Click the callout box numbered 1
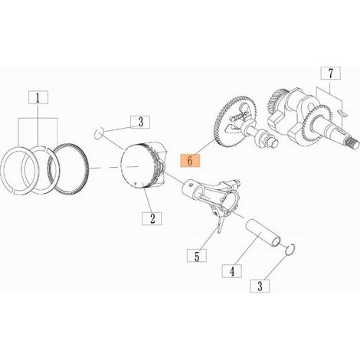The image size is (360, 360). (x=38, y=97)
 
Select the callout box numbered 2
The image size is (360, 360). (x=152, y=218)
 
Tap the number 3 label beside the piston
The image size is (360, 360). (x=140, y=122)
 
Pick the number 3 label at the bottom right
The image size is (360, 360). (x=260, y=286)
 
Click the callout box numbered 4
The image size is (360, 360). (x=232, y=271)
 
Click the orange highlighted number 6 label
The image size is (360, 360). (x=190, y=161)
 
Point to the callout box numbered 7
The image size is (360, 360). (x=330, y=74)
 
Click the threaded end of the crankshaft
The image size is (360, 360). (x=352, y=144)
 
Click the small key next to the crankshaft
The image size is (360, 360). (x=342, y=113)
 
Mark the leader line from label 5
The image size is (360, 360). (x=209, y=237)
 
